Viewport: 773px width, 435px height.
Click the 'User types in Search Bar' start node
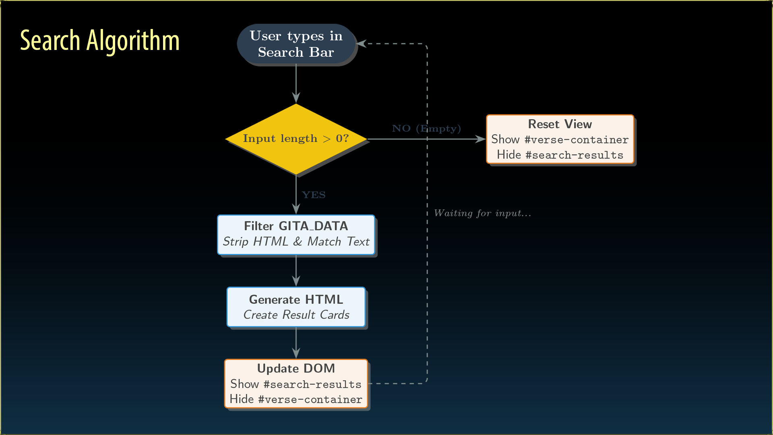click(x=296, y=44)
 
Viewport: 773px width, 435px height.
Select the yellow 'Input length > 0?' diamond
click(x=296, y=139)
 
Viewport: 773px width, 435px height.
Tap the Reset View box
click(x=560, y=139)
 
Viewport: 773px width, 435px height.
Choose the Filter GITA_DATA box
click(x=296, y=234)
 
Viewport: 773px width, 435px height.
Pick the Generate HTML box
click(x=296, y=307)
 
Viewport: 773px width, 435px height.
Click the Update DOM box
click(x=296, y=383)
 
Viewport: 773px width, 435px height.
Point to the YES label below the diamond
click(x=314, y=195)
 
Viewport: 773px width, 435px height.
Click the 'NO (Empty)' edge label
click(x=426, y=128)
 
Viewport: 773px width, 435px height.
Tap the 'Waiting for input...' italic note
click(x=482, y=213)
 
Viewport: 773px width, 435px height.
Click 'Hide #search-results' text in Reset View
click(x=560, y=155)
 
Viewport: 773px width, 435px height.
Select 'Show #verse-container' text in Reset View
click(x=560, y=139)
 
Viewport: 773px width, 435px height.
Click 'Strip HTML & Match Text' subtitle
click(x=296, y=242)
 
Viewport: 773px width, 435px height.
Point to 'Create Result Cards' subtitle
click(x=296, y=315)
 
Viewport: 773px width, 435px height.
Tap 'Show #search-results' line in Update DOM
click(x=296, y=384)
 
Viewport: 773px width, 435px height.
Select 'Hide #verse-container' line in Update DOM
click(x=296, y=399)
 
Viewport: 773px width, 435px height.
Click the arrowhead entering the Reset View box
click(x=481, y=139)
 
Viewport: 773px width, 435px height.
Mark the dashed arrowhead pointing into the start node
click(x=362, y=43)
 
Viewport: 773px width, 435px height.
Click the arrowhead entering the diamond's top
click(x=296, y=98)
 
